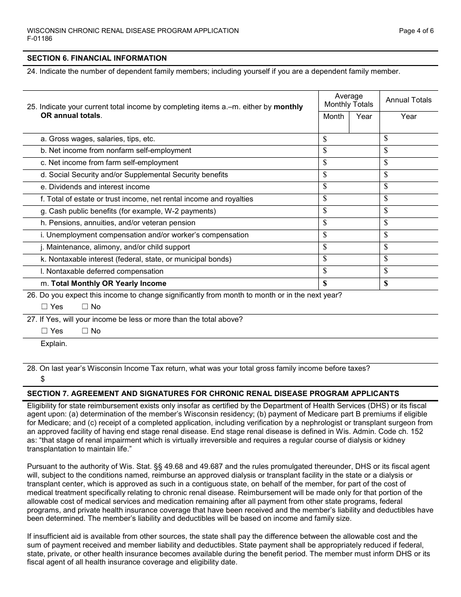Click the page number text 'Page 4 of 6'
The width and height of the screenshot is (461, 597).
(416, 31)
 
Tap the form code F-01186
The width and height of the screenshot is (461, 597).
(40, 39)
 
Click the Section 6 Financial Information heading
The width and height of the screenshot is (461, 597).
(97, 58)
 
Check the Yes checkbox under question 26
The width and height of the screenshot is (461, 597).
(45, 307)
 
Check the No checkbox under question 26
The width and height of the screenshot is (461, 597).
(85, 307)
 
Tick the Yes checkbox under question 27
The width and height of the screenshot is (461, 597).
(45, 331)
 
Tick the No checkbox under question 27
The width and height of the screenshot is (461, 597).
(85, 331)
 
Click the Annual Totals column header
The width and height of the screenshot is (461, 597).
(408, 100)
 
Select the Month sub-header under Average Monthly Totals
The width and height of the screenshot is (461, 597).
(333, 116)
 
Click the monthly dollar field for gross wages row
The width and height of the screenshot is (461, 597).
(348, 139)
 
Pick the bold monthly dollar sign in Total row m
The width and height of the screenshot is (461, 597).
(325, 283)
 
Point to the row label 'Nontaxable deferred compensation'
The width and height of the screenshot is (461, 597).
(102, 271)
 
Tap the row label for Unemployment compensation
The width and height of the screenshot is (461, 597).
(145, 235)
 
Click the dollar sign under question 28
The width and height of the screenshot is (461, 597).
(43, 379)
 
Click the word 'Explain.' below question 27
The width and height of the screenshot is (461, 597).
(54, 344)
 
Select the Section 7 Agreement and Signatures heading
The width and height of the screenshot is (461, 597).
(213, 394)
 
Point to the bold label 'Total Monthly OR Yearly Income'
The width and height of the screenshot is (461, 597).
(109, 283)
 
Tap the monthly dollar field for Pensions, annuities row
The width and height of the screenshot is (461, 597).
(348, 223)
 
